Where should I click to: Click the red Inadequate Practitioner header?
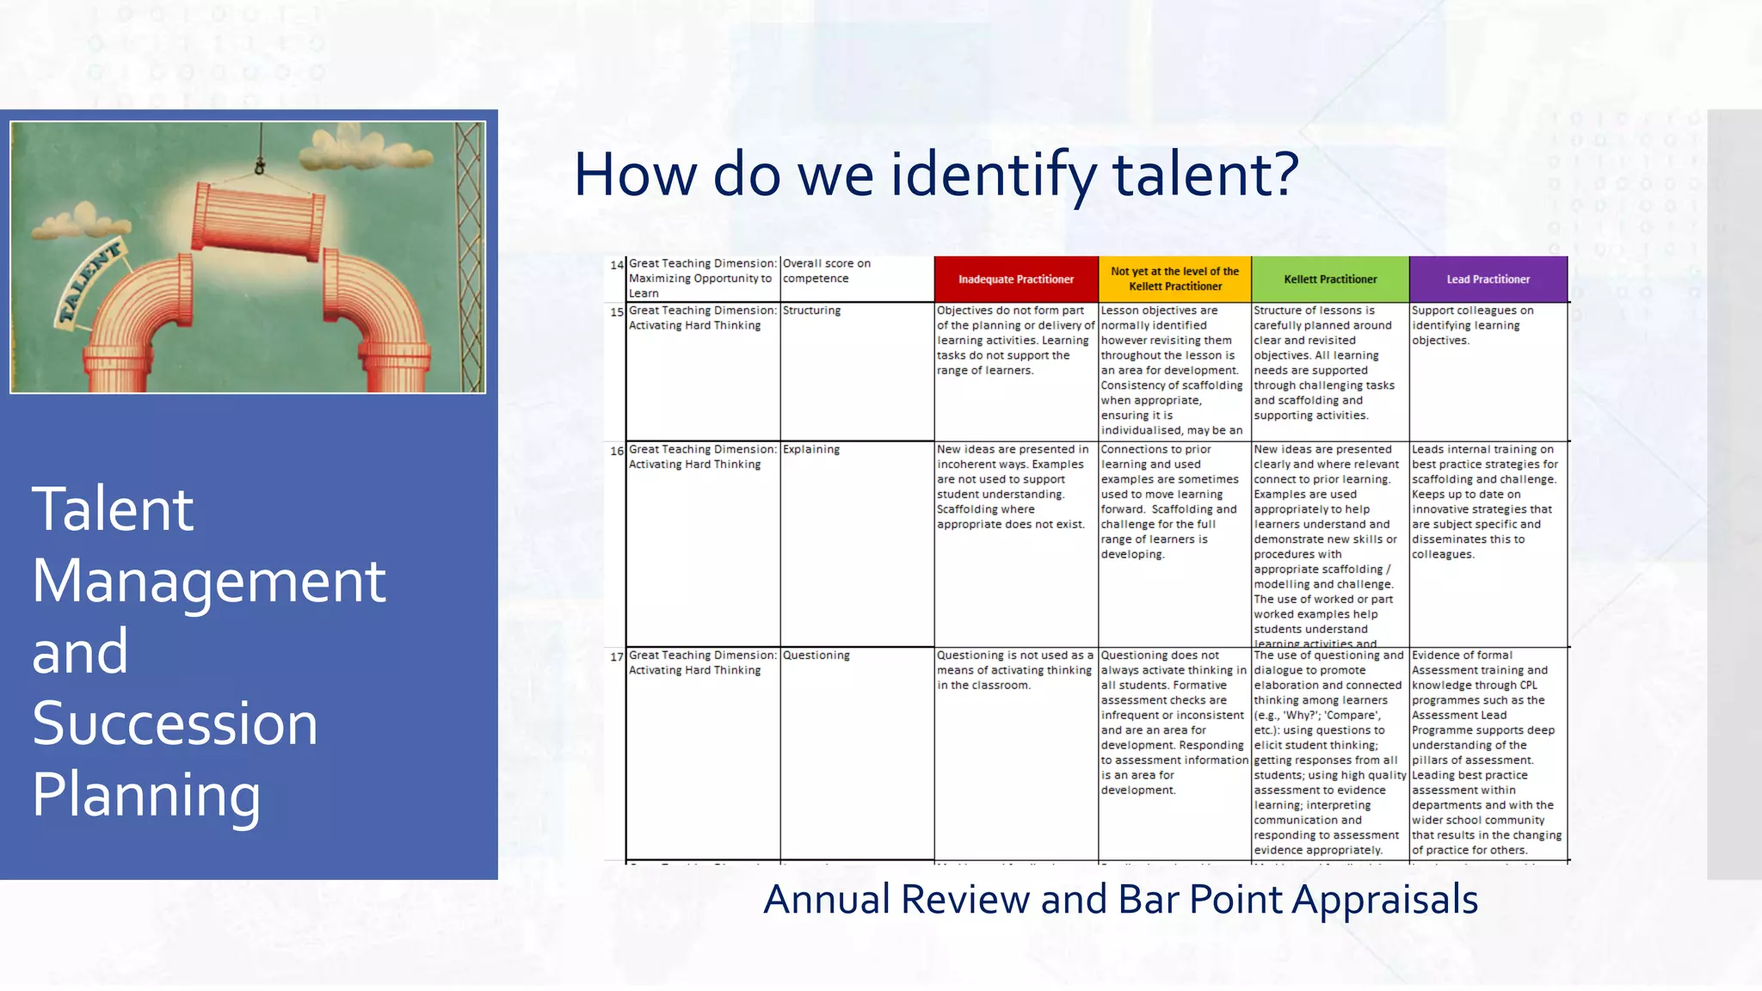[1015, 279]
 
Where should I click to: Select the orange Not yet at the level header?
[1174, 279]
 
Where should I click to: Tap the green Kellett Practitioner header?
[1330, 279]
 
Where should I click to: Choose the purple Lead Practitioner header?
[1488, 279]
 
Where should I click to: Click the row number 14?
[617, 265]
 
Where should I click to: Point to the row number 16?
[617, 451]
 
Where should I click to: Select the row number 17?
[617, 657]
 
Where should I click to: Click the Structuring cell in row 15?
[811, 311]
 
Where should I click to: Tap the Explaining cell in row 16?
[810, 449]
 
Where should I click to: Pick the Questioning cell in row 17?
[816, 656]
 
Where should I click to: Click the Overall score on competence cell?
[826, 271]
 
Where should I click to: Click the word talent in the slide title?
[1204, 174]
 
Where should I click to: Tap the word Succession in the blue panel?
[175, 723]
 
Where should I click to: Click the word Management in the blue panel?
[208, 582]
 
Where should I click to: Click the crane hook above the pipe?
[260, 163]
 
